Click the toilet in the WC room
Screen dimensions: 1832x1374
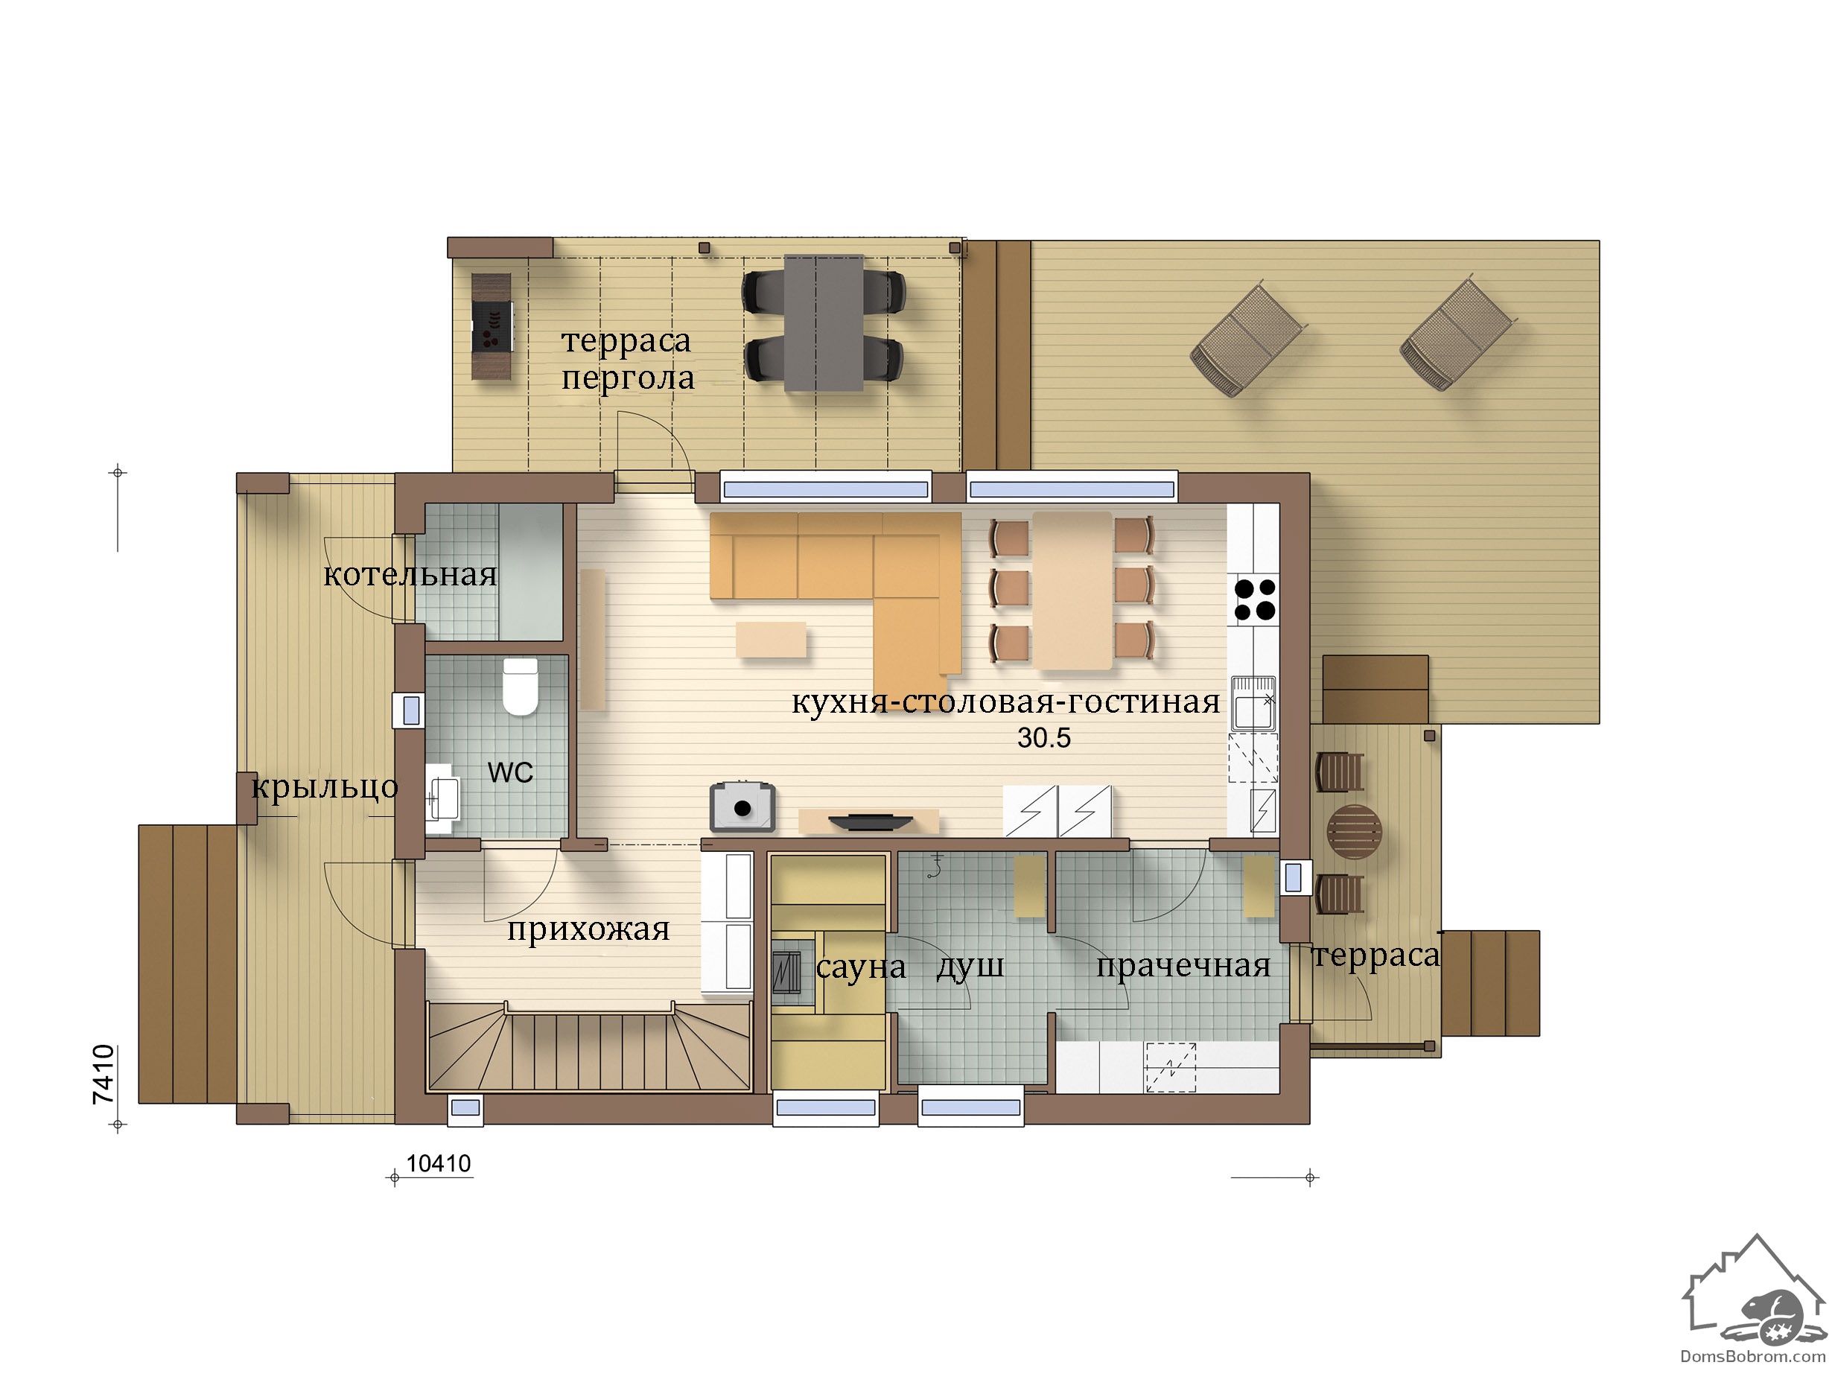click(520, 686)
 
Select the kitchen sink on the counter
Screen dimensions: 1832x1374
click(1253, 703)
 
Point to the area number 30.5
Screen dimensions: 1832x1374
click(1043, 737)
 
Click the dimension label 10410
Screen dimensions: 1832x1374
click(438, 1164)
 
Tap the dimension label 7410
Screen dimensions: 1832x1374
click(104, 1074)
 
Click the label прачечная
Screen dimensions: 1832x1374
click(1183, 966)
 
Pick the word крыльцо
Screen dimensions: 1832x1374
click(325, 788)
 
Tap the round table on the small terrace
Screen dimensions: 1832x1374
click(1354, 832)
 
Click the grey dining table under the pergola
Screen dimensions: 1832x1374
click(823, 323)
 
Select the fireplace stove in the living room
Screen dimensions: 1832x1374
click(743, 806)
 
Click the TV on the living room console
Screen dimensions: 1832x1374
click(871, 821)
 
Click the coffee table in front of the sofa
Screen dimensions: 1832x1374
click(771, 640)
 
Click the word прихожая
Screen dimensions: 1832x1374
click(588, 930)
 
